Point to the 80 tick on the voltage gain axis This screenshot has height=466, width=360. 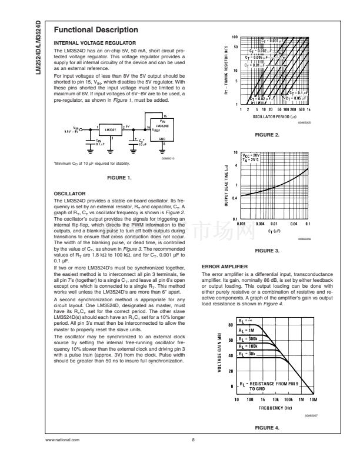pyautogui.click(x=231, y=325)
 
